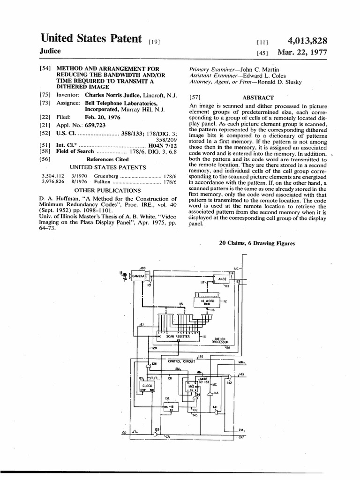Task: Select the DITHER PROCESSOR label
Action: [220, 340]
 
